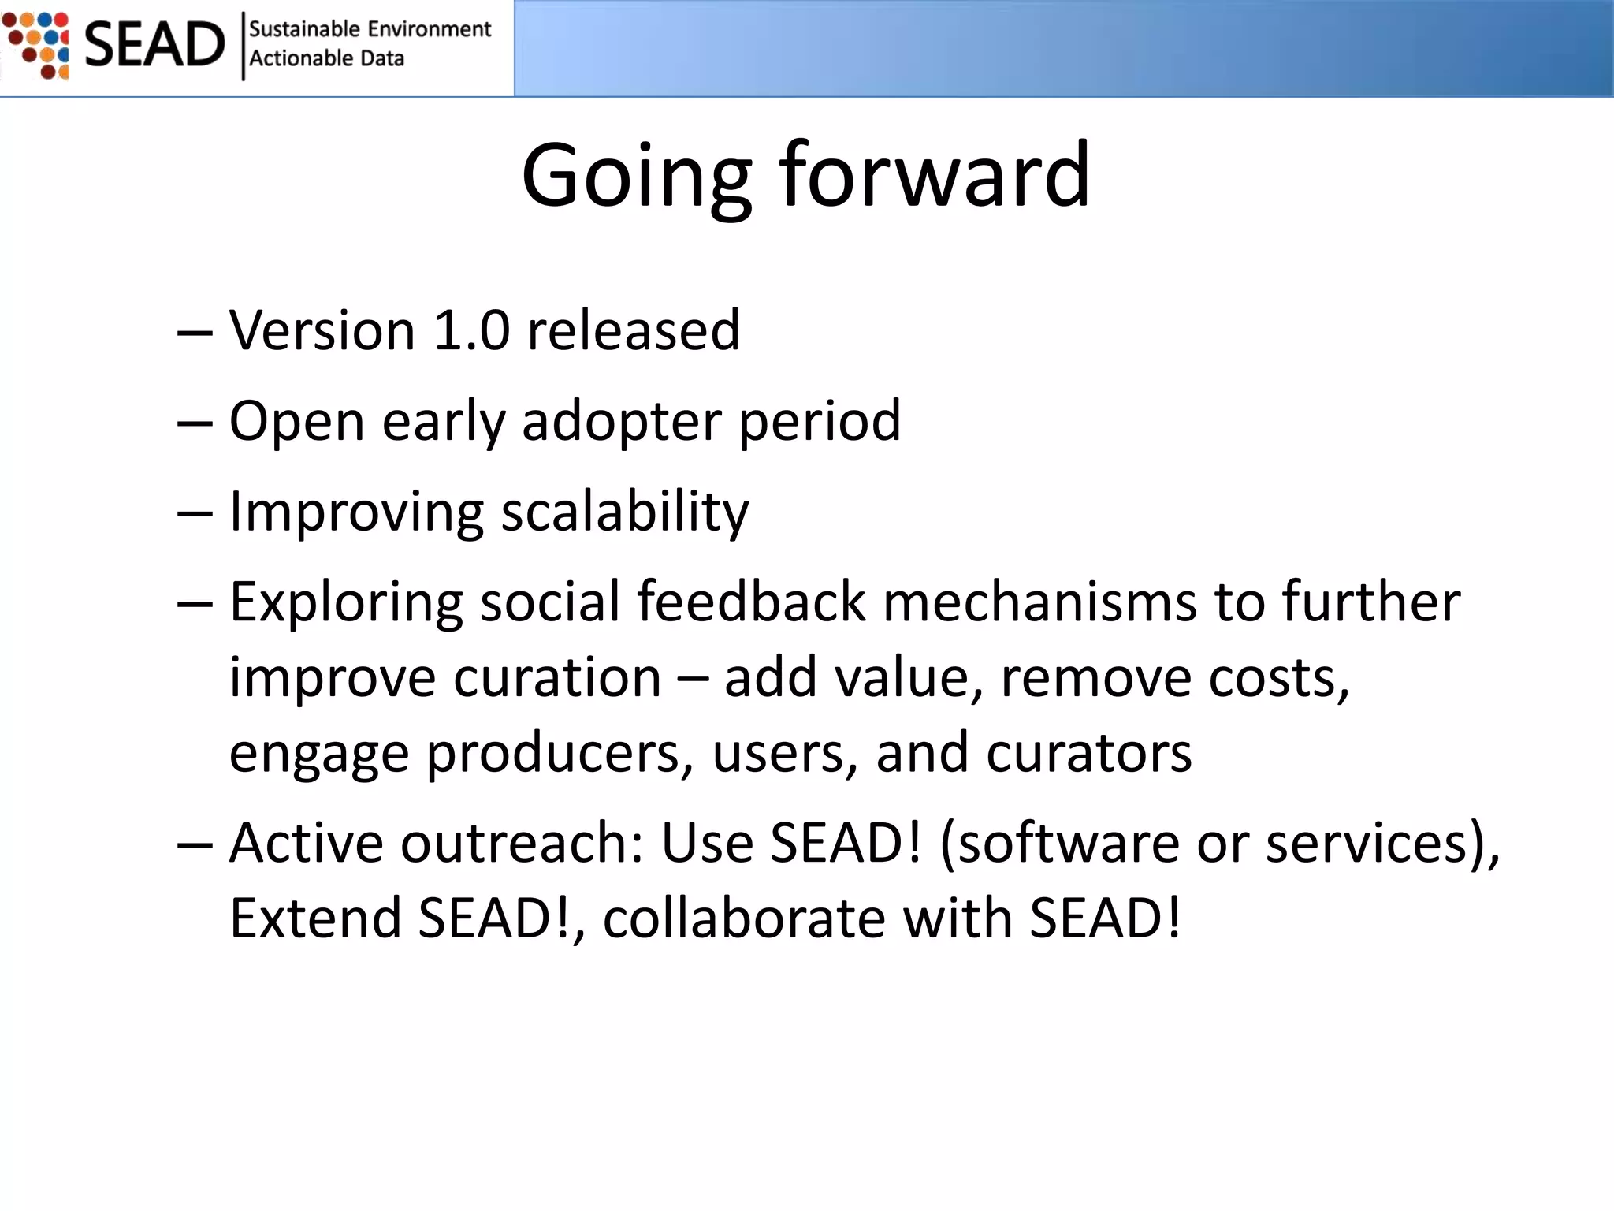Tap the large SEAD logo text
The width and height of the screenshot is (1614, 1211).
tap(154, 44)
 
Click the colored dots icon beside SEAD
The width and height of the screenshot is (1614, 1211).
tap(37, 44)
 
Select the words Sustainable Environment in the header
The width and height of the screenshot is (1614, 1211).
tap(370, 29)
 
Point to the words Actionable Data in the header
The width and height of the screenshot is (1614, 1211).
tap(326, 58)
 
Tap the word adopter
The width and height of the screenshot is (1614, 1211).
tap(621, 421)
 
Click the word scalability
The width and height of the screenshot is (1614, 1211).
tap(625, 512)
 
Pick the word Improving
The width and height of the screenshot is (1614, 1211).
tap(356, 512)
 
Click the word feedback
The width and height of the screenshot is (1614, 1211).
tap(751, 602)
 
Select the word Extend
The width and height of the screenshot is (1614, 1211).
tap(315, 918)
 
